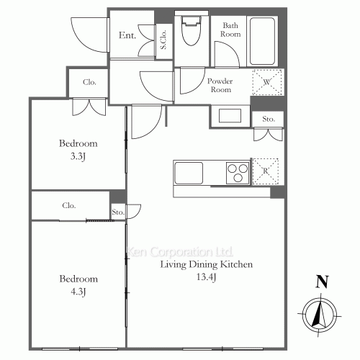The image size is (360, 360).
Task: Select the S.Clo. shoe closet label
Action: [x=163, y=39]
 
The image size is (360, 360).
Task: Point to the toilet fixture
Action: [x=192, y=33]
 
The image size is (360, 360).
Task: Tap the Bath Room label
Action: [x=230, y=29]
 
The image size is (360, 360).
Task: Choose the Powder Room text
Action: [x=220, y=86]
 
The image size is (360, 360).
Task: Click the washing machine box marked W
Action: [x=266, y=82]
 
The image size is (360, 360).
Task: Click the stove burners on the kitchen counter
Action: [x=235, y=173]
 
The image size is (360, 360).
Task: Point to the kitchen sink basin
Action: [x=189, y=174]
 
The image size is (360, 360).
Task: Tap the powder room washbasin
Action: [x=230, y=117]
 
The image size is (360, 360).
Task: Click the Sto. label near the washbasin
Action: [x=269, y=118]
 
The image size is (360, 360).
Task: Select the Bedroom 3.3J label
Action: [x=78, y=149]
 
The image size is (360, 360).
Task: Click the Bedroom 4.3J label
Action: [x=78, y=286]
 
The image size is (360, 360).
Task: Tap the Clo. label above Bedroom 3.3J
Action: [x=90, y=81]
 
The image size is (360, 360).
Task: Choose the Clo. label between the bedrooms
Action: [x=69, y=205]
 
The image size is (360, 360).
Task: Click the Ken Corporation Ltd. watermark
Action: [x=180, y=253]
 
